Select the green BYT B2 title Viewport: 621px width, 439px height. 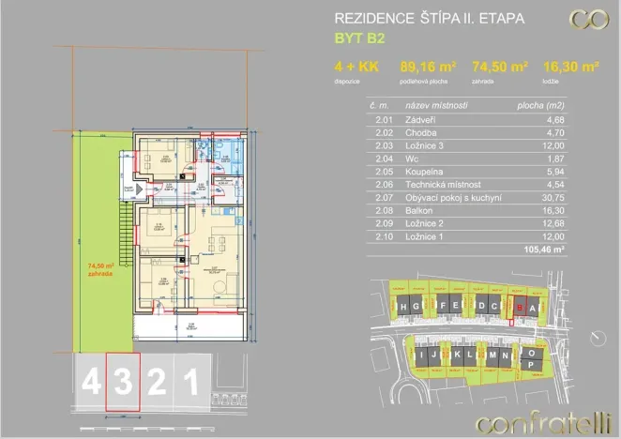(359, 39)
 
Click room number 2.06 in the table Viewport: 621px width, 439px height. (383, 185)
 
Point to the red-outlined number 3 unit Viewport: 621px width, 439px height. (122, 381)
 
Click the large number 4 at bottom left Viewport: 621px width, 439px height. (91, 382)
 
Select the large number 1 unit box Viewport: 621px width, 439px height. (189, 382)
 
